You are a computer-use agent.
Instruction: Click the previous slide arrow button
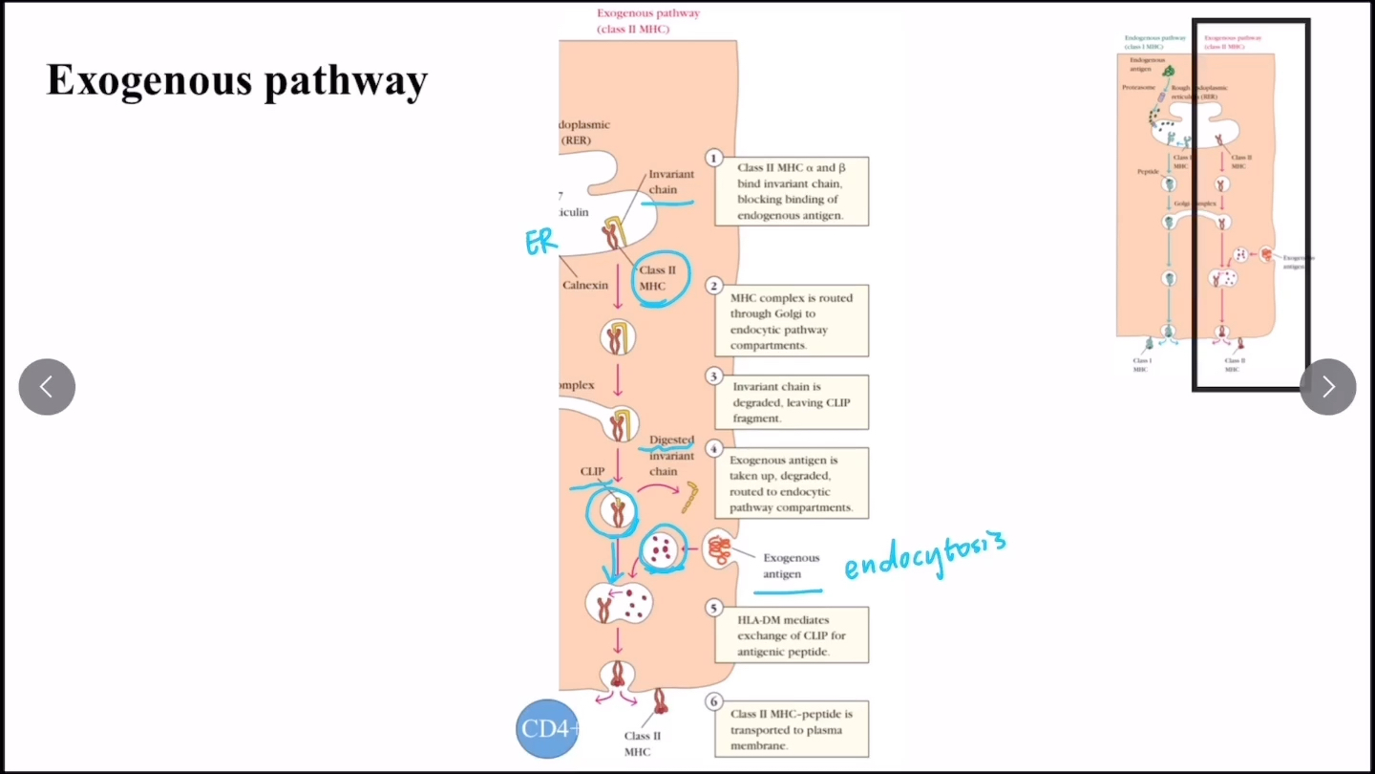(47, 387)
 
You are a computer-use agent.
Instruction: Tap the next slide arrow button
(1327, 387)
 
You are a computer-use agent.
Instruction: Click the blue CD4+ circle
(548, 729)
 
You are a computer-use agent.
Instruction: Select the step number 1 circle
(713, 159)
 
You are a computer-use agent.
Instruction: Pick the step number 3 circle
(713, 376)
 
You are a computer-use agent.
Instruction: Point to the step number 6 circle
(713, 702)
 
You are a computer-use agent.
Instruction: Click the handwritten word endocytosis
(924, 557)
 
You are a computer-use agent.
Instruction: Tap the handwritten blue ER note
(540, 242)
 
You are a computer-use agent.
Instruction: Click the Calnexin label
(585, 285)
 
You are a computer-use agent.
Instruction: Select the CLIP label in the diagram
(592, 471)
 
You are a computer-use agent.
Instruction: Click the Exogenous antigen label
(791, 566)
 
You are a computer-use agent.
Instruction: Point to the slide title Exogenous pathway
(237, 81)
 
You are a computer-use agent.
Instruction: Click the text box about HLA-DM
(792, 635)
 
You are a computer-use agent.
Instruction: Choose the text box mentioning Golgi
(792, 321)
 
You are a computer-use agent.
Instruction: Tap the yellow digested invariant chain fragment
(689, 496)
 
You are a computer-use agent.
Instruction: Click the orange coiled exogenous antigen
(718, 549)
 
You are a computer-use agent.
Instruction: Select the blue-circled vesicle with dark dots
(661, 549)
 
